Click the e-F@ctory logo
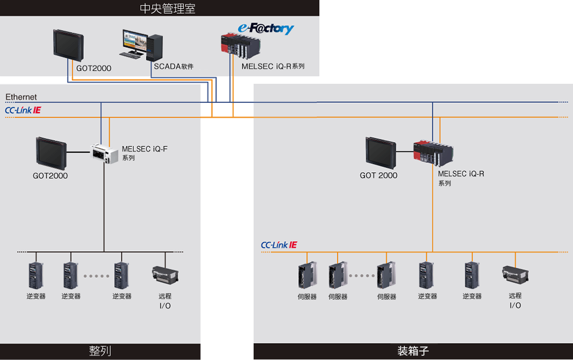click(265, 29)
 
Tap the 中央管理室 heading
click(167, 8)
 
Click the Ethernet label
click(21, 97)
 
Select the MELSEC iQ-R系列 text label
click(273, 67)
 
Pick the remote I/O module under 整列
click(165, 275)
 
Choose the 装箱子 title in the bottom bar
click(413, 351)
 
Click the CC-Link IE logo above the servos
click(279, 245)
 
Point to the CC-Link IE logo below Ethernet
click(23, 110)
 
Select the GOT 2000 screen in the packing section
click(380, 152)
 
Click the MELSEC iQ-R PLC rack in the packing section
click(433, 154)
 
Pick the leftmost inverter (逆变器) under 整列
click(36, 275)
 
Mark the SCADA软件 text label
click(173, 67)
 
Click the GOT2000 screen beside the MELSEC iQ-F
click(51, 153)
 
